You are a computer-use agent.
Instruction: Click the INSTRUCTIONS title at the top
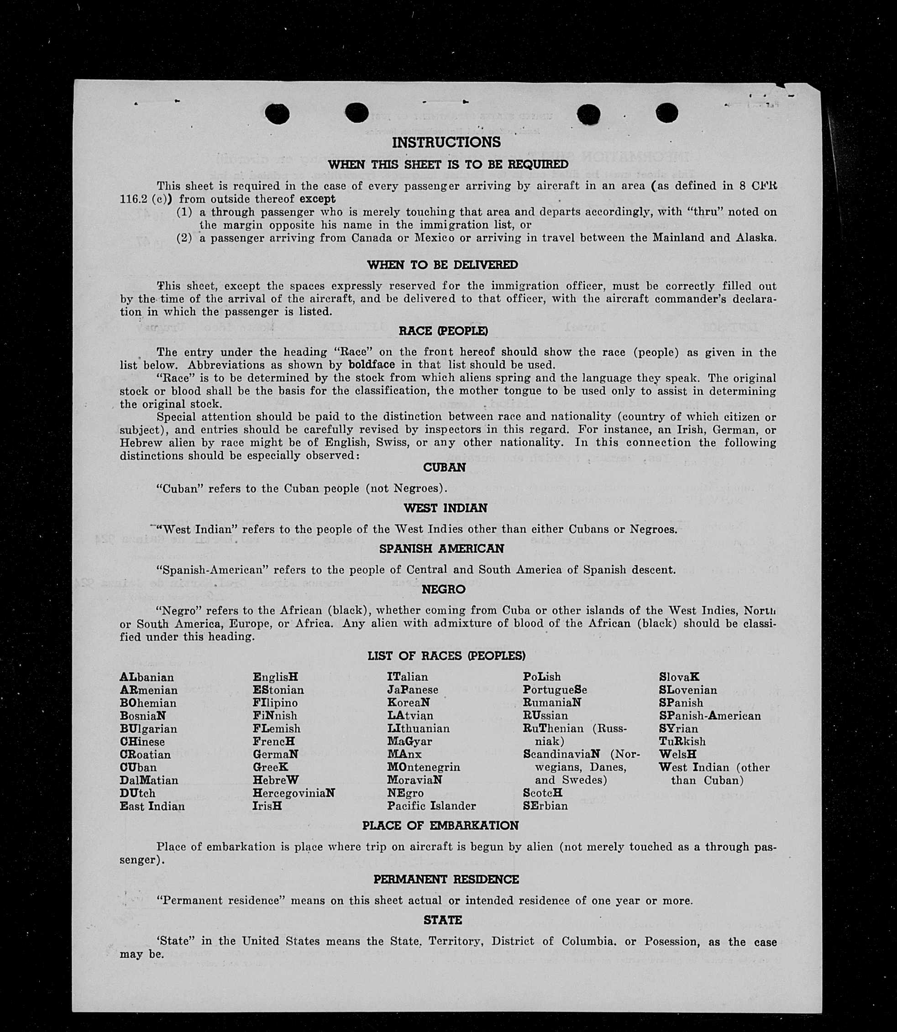446,143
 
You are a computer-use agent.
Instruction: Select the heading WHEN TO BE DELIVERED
442,265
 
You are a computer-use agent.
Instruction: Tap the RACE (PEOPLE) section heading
443,331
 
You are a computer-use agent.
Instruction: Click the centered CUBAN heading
445,467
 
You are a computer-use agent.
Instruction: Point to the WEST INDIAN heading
446,508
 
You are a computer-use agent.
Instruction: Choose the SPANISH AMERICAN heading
441,549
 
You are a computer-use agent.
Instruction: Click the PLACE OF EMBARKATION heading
441,825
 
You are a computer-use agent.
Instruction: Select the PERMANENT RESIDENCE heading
446,880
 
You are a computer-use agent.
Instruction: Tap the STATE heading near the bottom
442,920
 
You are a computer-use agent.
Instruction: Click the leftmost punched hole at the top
277,114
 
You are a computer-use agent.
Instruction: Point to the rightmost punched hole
666,113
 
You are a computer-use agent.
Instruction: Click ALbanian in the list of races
147,677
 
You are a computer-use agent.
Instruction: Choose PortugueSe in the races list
555,690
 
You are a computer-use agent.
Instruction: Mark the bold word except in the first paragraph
315,199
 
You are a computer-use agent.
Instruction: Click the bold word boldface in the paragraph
372,365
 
